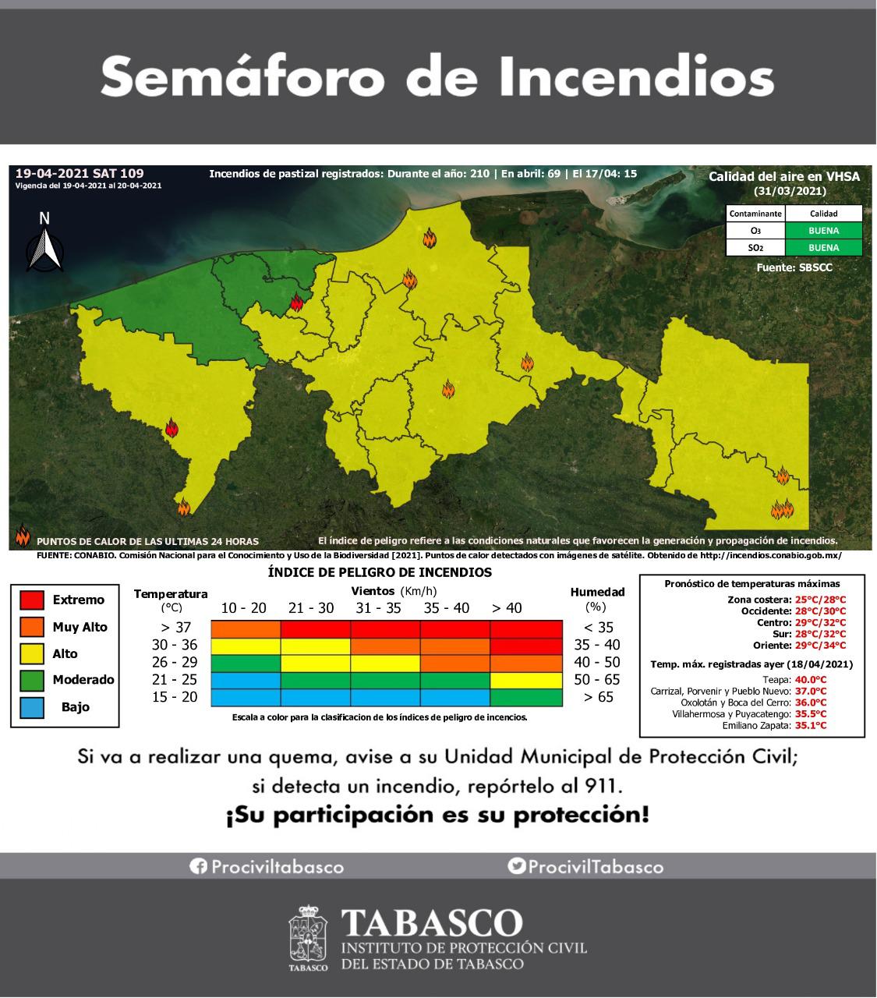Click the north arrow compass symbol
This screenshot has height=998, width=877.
(x=45, y=244)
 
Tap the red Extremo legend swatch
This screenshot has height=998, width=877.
(x=31, y=600)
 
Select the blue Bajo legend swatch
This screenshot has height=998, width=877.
(x=31, y=706)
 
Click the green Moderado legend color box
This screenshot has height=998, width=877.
(x=31, y=680)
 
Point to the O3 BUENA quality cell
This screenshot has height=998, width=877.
(x=823, y=231)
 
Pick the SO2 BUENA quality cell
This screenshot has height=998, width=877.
(x=823, y=248)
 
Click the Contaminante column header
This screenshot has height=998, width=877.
(x=755, y=214)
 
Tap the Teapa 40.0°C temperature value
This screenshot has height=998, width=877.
(x=811, y=679)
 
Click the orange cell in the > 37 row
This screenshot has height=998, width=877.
(x=246, y=628)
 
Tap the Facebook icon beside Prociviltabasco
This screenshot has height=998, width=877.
(x=198, y=866)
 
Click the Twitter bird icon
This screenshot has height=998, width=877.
(x=515, y=866)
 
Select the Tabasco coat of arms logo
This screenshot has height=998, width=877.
(x=309, y=938)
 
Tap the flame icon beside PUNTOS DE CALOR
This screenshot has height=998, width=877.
(x=23, y=537)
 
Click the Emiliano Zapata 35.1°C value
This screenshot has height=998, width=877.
(x=811, y=725)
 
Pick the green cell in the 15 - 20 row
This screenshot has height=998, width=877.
(x=526, y=697)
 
